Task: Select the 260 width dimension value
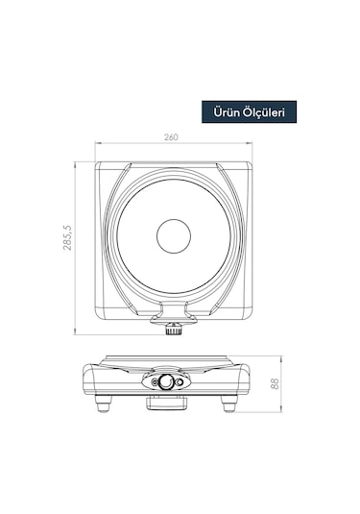click(x=172, y=138)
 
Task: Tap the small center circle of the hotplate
click(x=174, y=235)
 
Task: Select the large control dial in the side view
click(x=168, y=381)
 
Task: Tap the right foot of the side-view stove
click(x=228, y=404)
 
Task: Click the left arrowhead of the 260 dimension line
click(x=97, y=145)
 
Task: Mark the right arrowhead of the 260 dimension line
click(x=251, y=145)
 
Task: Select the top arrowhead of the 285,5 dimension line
click(x=76, y=163)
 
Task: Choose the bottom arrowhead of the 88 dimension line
click(x=280, y=410)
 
